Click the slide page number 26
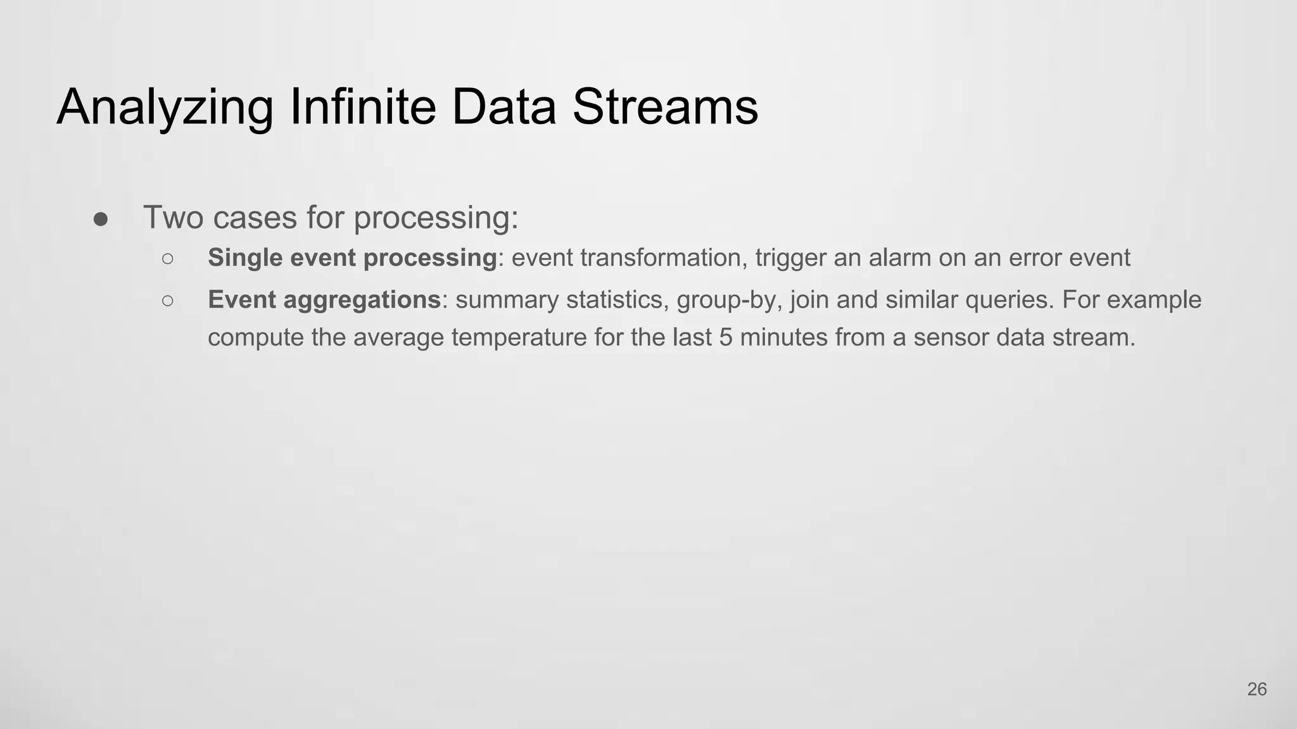pyautogui.click(x=1256, y=689)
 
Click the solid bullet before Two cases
pyautogui.click(x=101, y=219)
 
